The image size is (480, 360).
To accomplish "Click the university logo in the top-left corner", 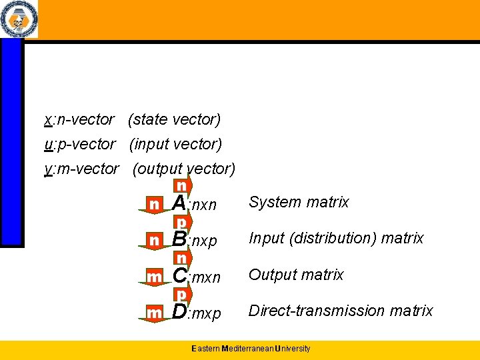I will [18, 20].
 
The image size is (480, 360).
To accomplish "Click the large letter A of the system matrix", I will [179, 202].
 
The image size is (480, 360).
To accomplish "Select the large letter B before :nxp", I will [179, 238].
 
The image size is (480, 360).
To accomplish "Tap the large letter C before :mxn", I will [179, 275].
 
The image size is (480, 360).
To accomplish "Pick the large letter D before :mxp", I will [179, 311].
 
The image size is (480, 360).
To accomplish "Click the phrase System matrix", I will [299, 202].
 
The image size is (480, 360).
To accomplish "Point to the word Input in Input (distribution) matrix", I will [265, 238].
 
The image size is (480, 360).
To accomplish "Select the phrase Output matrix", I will [296, 275].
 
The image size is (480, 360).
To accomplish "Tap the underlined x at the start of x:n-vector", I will [47, 120].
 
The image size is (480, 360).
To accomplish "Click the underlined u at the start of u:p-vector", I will [47, 145].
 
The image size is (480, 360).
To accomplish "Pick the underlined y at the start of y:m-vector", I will [47, 169].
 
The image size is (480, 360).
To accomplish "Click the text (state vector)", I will [174, 120].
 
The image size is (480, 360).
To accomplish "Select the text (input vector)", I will [175, 145].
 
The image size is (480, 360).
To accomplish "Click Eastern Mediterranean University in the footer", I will [251, 349].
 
